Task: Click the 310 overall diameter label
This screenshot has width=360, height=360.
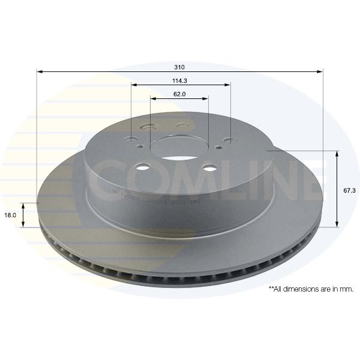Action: point(179,67)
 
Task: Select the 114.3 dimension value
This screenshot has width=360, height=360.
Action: point(180,81)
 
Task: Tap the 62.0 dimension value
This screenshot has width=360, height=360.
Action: point(179,94)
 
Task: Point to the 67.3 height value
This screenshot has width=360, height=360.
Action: point(349,190)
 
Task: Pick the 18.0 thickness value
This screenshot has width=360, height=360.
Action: point(10,215)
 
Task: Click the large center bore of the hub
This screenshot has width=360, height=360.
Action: point(174,148)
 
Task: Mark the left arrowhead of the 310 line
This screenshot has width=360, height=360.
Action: point(40,72)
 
